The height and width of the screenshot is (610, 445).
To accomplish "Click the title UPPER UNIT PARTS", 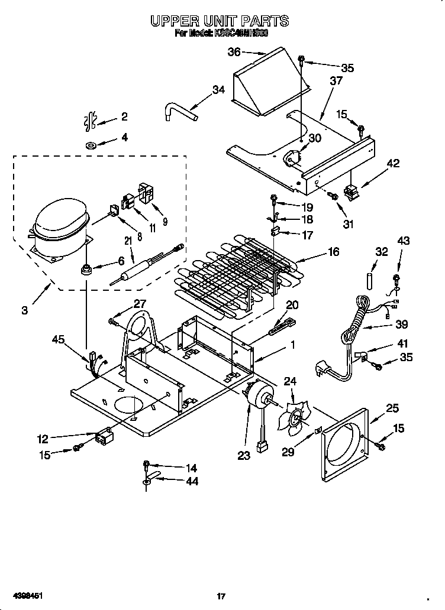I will coord(220,21).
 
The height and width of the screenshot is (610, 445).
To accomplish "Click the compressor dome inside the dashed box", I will coord(59,221).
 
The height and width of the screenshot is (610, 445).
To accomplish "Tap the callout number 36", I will coord(234,52).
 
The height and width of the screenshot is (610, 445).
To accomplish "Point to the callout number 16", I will coord(333,252).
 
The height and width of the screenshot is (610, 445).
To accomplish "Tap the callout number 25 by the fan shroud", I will coord(392,408).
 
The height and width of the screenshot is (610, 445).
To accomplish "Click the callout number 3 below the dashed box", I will coord(24,310).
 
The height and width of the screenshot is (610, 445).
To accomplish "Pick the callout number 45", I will coord(57,339).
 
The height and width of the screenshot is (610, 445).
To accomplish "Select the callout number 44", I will coord(191,481).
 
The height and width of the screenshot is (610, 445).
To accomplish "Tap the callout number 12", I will coord(43,439).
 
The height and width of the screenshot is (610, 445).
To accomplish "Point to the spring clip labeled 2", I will coord(91,121).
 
